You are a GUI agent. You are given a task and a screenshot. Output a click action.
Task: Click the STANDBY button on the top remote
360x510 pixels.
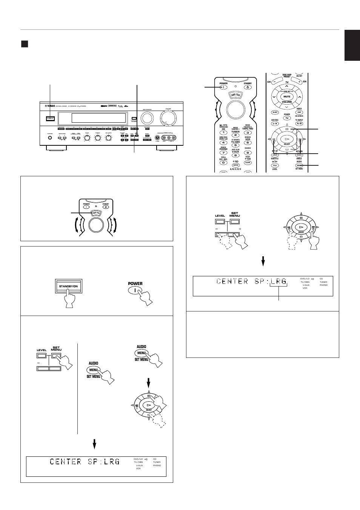click(x=248, y=88)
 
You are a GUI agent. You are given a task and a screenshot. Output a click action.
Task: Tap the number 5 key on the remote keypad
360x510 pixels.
click(x=235, y=145)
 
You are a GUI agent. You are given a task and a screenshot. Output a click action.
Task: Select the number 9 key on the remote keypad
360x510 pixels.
click(x=248, y=153)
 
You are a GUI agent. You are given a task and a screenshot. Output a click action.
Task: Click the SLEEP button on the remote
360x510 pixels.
click(x=275, y=112)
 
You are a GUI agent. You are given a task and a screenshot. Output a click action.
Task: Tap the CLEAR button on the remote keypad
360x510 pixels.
click(x=248, y=163)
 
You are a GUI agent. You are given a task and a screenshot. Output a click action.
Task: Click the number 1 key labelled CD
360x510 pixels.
click(x=223, y=133)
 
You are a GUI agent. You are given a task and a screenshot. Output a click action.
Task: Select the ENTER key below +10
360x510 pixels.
click(x=235, y=165)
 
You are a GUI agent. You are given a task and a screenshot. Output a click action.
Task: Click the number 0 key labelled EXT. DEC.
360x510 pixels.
click(x=223, y=163)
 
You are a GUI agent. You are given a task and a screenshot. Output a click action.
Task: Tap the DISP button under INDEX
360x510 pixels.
click(x=299, y=112)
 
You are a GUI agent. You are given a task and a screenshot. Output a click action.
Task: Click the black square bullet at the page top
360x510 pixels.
click(x=25, y=44)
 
